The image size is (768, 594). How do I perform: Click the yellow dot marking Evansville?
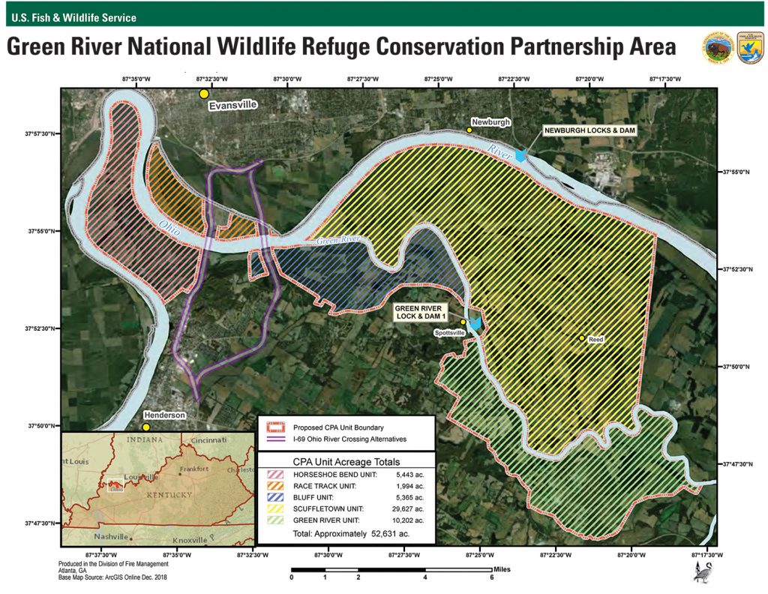click(203, 94)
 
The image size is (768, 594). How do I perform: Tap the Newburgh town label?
click(490, 121)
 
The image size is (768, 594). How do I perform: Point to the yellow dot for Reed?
click(582, 339)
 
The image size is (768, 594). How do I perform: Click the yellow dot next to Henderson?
click(148, 427)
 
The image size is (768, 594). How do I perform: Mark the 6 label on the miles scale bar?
click(492, 577)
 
